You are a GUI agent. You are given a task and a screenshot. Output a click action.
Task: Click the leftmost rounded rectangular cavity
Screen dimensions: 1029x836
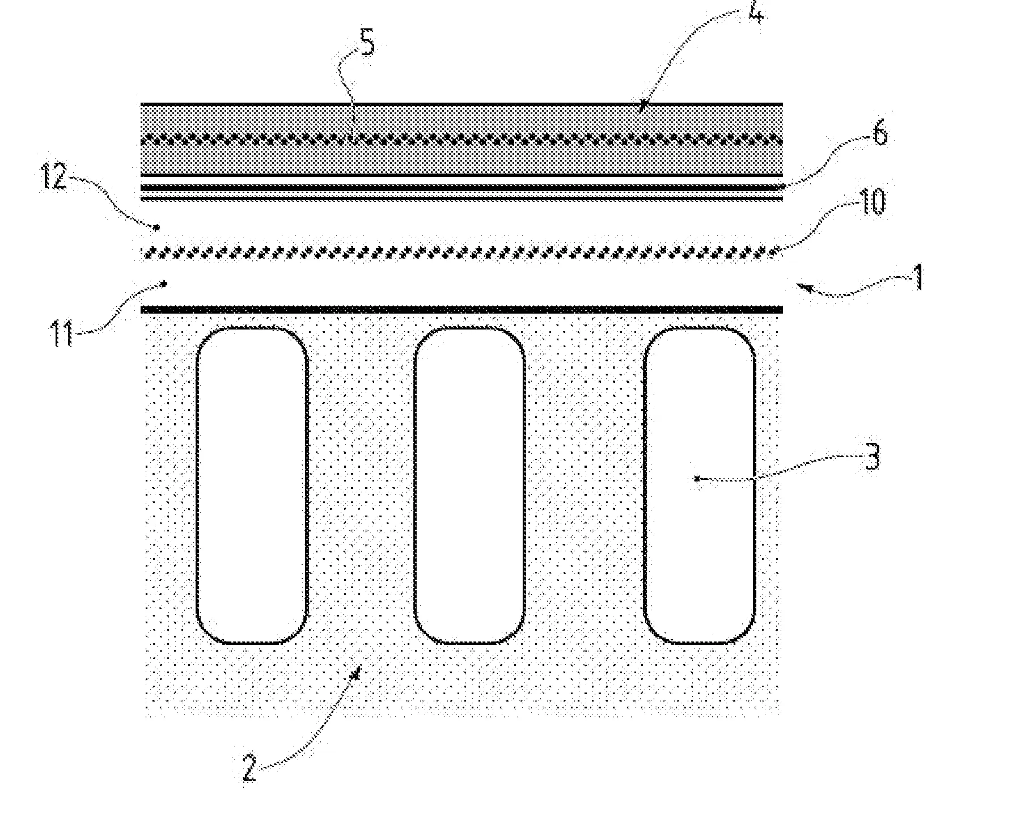click(x=252, y=485)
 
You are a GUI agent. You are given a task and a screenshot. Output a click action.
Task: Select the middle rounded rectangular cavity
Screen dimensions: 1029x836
click(x=469, y=485)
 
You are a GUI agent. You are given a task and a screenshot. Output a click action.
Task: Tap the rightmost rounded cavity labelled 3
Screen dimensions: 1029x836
click(x=700, y=485)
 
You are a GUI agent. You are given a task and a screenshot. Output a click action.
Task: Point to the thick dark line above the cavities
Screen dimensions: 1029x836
click(x=461, y=310)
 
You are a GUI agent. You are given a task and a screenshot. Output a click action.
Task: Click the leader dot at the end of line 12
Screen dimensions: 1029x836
click(x=156, y=227)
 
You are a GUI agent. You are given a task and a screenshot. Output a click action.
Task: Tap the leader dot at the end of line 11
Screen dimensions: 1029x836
click(x=165, y=282)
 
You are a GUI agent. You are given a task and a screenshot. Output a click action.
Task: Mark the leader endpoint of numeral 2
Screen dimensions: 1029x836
click(x=357, y=674)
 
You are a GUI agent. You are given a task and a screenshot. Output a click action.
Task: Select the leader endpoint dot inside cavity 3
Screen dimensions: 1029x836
click(x=697, y=479)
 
